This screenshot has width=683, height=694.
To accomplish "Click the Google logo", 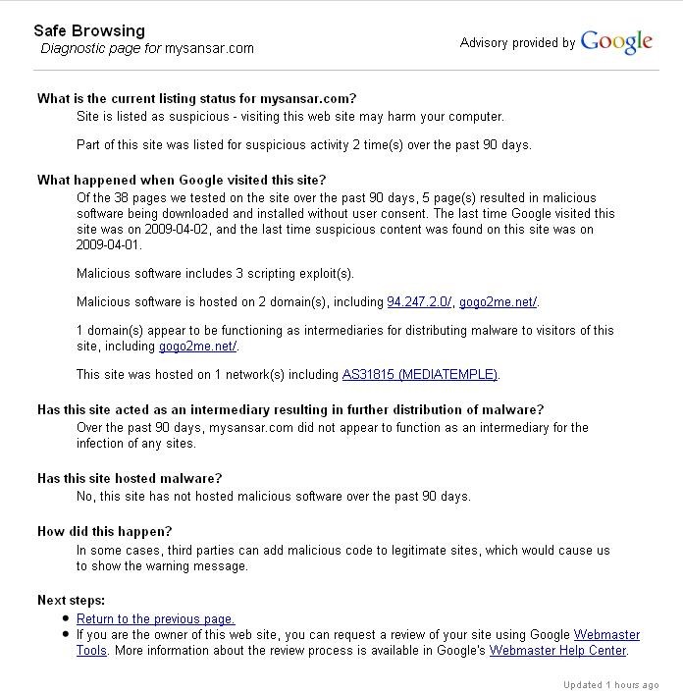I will (x=616, y=42).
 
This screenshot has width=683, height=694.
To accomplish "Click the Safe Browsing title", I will (x=89, y=30).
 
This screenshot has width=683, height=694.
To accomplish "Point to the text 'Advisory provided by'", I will (x=517, y=43).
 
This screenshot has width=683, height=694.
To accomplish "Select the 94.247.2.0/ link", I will (x=419, y=301).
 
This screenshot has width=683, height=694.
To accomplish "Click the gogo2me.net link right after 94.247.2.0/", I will (x=498, y=301).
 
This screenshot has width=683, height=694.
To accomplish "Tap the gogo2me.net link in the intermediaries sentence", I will (x=197, y=346).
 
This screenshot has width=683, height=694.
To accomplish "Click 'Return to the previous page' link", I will (x=155, y=618).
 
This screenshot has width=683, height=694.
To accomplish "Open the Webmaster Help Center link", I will (x=557, y=650).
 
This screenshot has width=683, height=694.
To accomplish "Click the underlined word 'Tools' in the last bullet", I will (x=92, y=650).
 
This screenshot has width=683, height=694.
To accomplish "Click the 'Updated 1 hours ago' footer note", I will (x=610, y=684).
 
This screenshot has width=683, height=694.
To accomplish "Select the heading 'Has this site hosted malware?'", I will (x=130, y=478).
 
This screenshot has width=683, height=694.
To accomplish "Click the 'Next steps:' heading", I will (x=71, y=600).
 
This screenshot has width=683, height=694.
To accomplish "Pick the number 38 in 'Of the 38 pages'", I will (x=121, y=197).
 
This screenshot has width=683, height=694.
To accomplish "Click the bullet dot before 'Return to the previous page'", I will (x=65, y=619).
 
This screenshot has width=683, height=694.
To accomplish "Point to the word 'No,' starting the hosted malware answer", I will (x=86, y=496).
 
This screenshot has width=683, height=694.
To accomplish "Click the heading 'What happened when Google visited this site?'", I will (x=182, y=180).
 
